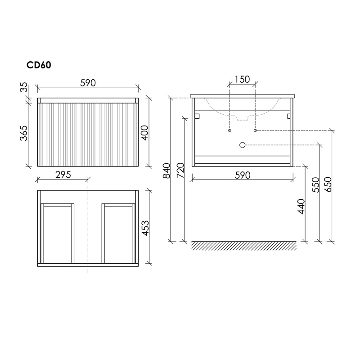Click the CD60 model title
(39, 65)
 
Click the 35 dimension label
(24, 87)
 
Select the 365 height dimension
(24, 133)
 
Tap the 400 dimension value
(145, 133)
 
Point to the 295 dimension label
(63, 175)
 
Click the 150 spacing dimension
(242, 80)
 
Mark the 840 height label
(166, 171)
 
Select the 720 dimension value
(180, 171)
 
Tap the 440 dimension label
(301, 207)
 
